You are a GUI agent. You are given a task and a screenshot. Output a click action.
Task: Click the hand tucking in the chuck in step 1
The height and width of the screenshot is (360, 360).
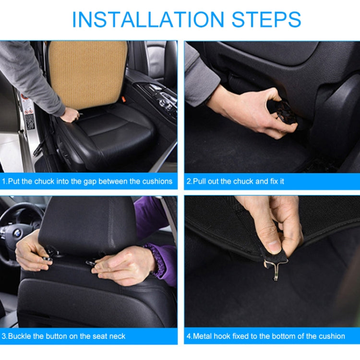70,114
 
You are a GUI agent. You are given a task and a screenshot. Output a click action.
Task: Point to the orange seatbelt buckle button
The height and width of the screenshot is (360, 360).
123,99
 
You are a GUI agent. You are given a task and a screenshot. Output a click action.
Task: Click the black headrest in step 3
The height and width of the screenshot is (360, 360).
86,223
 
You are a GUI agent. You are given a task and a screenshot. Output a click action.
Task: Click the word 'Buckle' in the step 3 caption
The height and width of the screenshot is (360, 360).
21,336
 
